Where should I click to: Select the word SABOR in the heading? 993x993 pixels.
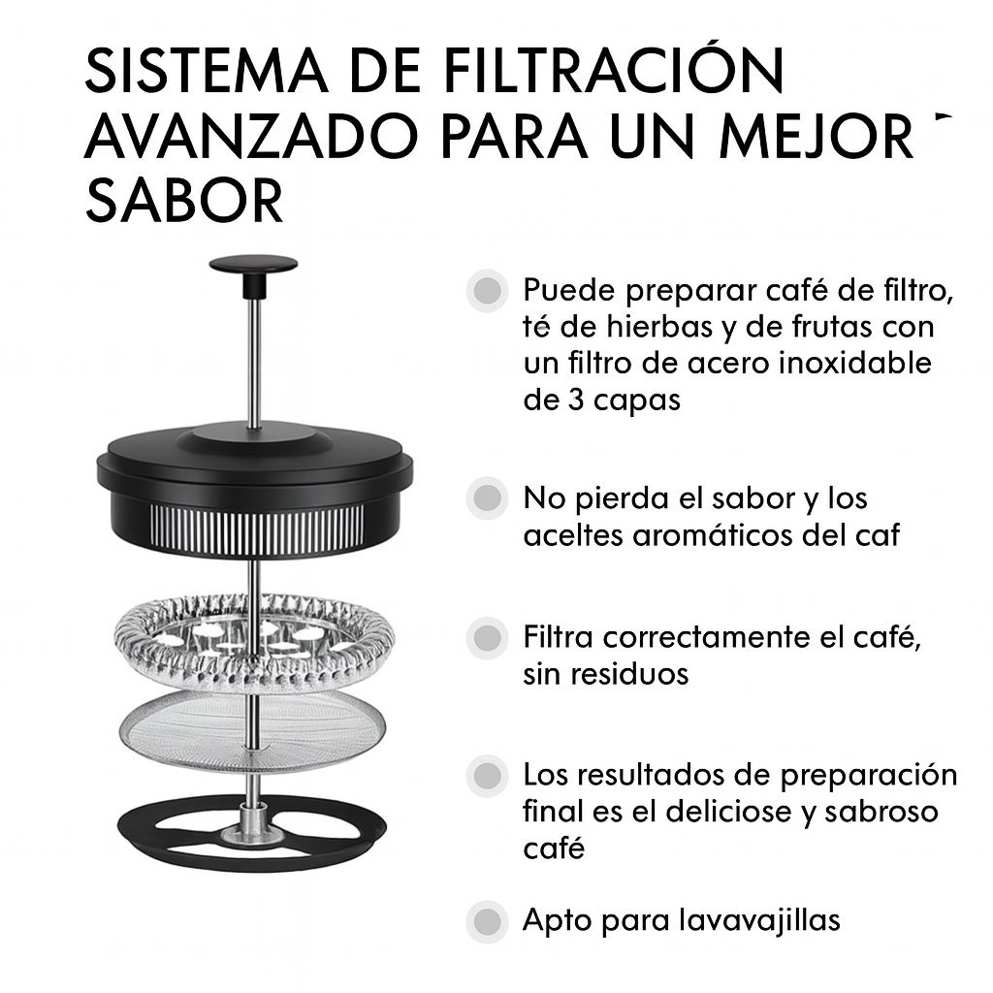[184, 201]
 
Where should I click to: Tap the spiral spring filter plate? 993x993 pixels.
[254, 640]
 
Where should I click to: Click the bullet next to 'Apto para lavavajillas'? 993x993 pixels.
[487, 920]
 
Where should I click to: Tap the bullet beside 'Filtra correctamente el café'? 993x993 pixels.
[487, 639]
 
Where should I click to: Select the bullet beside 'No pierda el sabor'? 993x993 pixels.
[487, 498]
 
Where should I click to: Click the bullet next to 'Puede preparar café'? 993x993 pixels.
[487, 290]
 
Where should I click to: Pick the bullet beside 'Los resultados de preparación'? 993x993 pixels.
[487, 776]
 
